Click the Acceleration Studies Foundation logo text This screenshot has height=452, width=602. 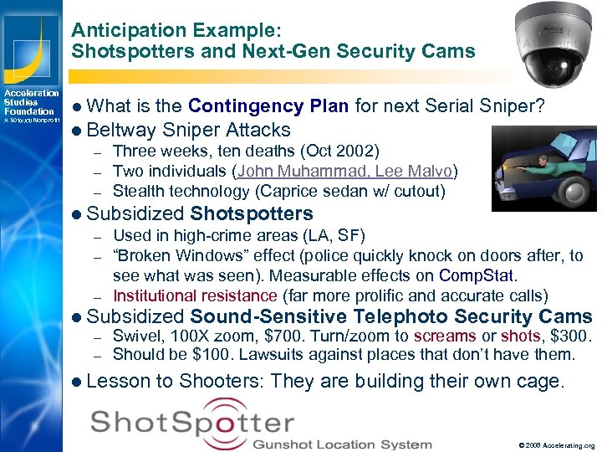click(30, 102)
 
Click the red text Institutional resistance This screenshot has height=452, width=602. click(195, 295)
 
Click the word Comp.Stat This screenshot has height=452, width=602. click(477, 275)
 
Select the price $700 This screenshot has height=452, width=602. click(278, 336)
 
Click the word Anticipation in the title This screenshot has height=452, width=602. click(122, 30)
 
